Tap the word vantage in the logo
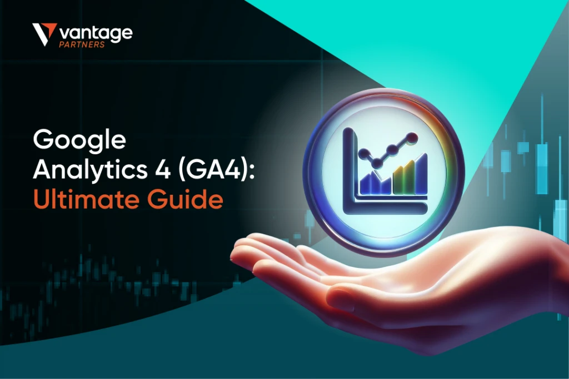[x=96, y=34]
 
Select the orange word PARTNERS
[x=82, y=44]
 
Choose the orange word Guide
[x=185, y=199]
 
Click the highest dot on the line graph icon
[x=412, y=138]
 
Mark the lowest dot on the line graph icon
[x=377, y=164]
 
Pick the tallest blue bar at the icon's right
[x=421, y=174]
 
